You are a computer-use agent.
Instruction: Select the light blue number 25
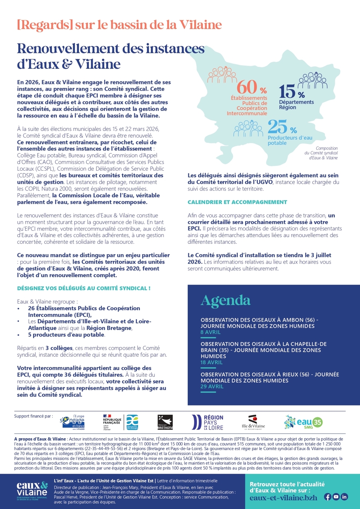tap(278, 127)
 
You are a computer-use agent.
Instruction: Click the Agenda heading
tap(226, 300)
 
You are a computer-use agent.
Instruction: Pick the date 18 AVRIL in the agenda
tap(211, 362)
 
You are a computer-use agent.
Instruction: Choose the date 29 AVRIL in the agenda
tap(212, 386)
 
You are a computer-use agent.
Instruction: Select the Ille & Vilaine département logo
tap(253, 423)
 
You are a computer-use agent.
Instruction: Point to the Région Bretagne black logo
tap(165, 422)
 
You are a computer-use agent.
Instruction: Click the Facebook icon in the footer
tap(328, 496)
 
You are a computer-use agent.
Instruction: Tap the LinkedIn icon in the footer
tap(344, 496)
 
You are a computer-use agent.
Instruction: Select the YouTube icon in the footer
tap(336, 496)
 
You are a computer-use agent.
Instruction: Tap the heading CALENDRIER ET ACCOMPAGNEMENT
tap(237, 202)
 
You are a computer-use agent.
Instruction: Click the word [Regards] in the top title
tap(45, 25)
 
